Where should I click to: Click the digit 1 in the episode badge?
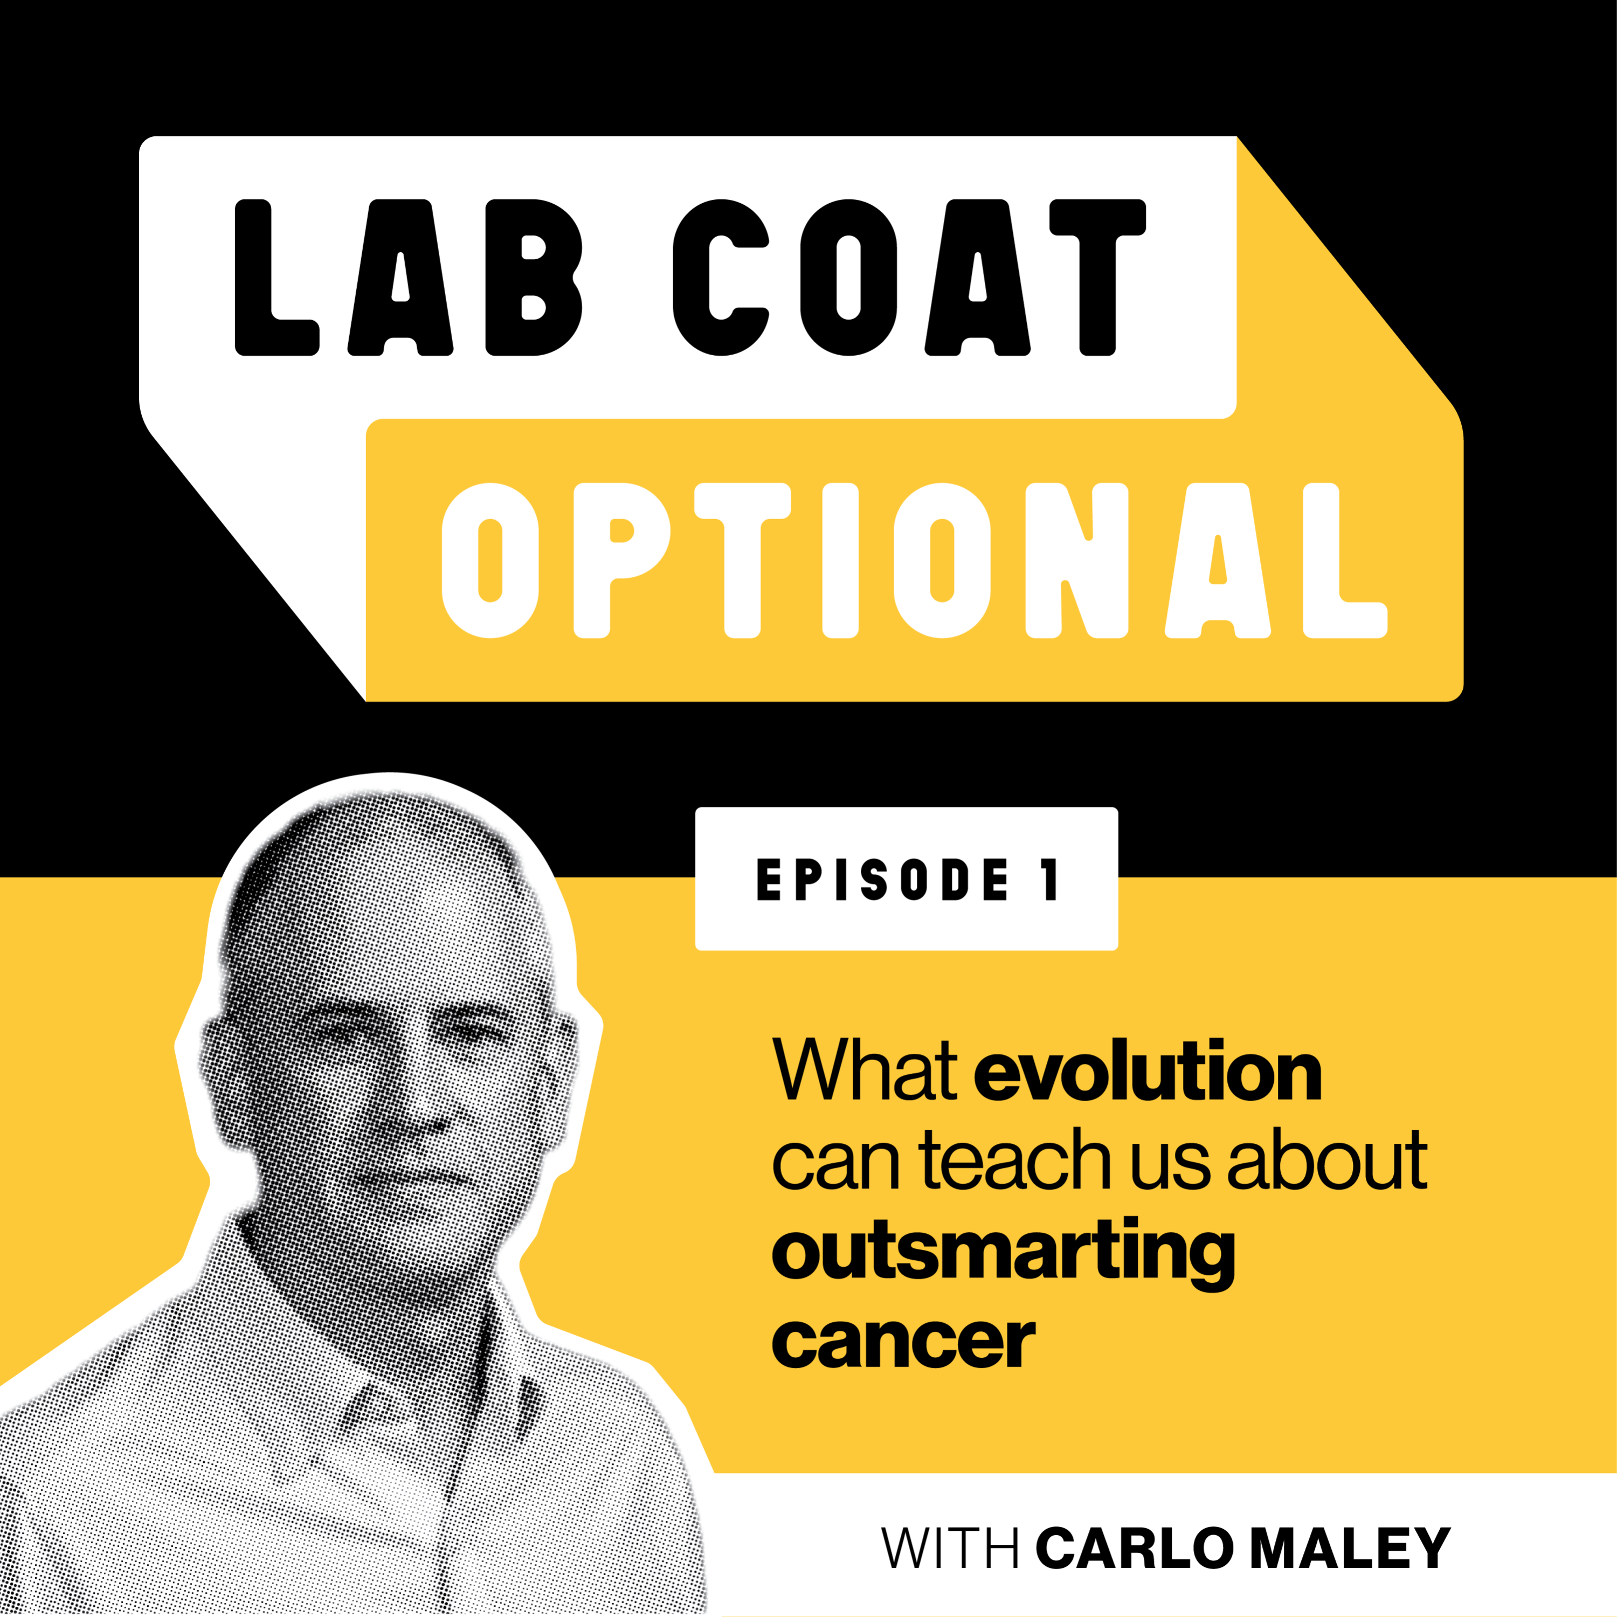click(x=1049, y=880)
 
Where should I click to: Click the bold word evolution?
click(x=1148, y=1072)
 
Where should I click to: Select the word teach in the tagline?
click(x=1014, y=1161)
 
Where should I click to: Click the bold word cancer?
click(x=903, y=1342)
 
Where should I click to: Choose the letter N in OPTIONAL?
click(x=1077, y=561)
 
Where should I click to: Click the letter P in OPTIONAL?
click(x=620, y=561)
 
